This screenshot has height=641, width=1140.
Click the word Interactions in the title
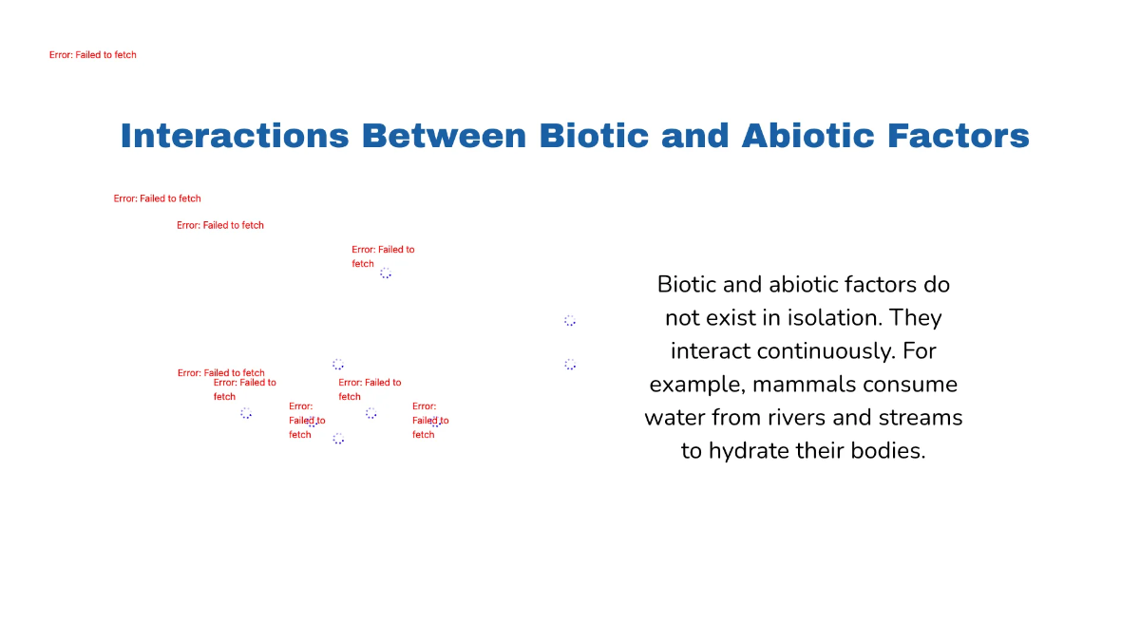click(235, 136)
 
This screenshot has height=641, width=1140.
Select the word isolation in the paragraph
click(812, 317)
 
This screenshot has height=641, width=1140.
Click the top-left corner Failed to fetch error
click(93, 55)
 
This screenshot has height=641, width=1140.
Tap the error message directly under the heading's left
click(158, 198)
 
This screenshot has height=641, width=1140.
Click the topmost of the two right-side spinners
click(570, 321)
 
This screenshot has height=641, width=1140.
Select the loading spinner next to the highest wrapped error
click(386, 273)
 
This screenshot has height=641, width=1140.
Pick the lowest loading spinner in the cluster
click(338, 438)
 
